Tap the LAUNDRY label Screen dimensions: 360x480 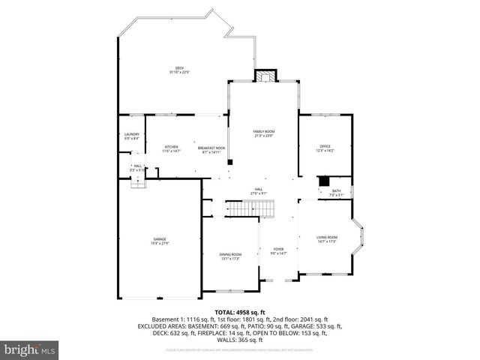[131, 134]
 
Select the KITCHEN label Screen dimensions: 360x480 [172, 147]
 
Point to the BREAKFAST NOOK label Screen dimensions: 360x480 [212, 147]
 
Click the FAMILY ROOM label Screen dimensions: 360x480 [264, 131]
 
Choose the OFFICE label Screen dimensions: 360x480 [325, 146]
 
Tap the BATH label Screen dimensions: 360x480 [337, 190]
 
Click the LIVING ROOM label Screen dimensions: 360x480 [326, 237]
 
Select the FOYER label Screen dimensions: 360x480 [278, 250]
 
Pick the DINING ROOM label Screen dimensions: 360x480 [230, 254]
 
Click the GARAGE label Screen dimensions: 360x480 [160, 238]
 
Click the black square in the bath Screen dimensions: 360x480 [324, 181]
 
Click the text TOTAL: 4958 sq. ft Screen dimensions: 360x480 [240, 311]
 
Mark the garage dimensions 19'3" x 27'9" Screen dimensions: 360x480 [160, 243]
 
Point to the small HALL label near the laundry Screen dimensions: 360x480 [138, 166]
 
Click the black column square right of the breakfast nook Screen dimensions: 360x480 [230, 161]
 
